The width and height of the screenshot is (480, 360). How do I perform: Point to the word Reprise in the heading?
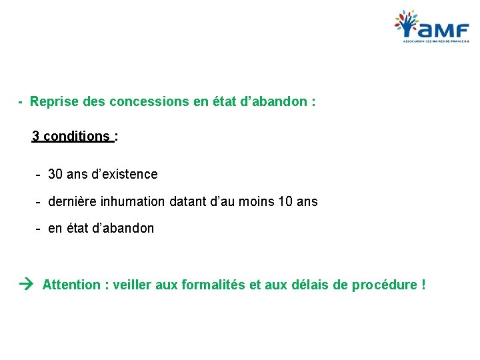[x=53, y=102]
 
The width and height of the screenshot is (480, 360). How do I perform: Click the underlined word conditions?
[x=76, y=137]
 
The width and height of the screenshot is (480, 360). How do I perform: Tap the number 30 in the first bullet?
[x=55, y=174]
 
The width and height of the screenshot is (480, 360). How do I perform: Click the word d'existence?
[x=127, y=174]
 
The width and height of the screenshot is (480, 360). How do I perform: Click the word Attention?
[x=71, y=285]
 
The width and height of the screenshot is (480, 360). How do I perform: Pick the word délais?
[x=310, y=285]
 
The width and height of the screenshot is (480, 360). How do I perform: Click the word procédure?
[x=384, y=285]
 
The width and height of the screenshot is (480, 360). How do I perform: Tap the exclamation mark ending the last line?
[x=423, y=285]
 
